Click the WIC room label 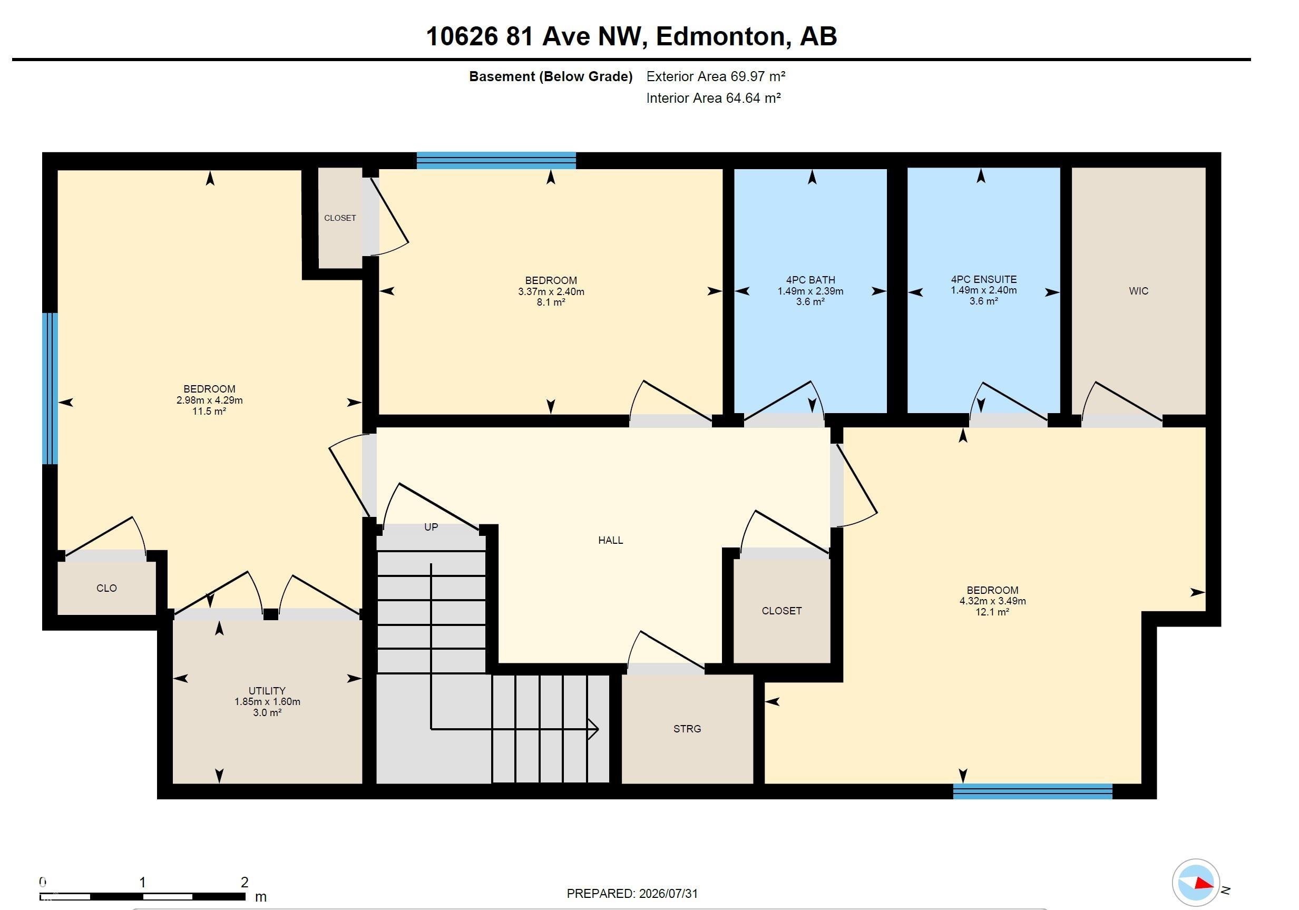click(1138, 291)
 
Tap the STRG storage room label click(687, 729)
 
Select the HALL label click(610, 541)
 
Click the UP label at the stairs click(431, 527)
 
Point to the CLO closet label click(106, 588)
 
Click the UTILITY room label click(267, 691)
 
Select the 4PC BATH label click(810, 280)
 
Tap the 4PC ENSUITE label click(983, 279)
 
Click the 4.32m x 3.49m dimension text click(992, 601)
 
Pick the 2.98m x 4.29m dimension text click(209, 400)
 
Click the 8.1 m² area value click(551, 302)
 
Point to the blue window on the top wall click(496, 161)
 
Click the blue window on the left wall click(51, 388)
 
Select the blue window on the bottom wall click(1032, 791)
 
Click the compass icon click(1196, 883)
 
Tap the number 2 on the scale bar click(245, 882)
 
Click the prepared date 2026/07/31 click(668, 894)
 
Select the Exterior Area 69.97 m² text click(716, 76)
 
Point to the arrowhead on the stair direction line click(593, 729)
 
